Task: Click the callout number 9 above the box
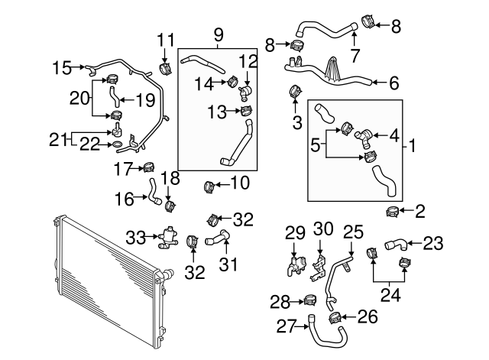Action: tap(219, 34)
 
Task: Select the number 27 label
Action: tap(285, 326)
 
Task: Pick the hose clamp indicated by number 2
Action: tap(393, 209)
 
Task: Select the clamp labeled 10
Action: tap(208, 185)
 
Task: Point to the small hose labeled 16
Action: tap(154, 191)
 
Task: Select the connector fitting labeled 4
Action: tap(365, 138)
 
